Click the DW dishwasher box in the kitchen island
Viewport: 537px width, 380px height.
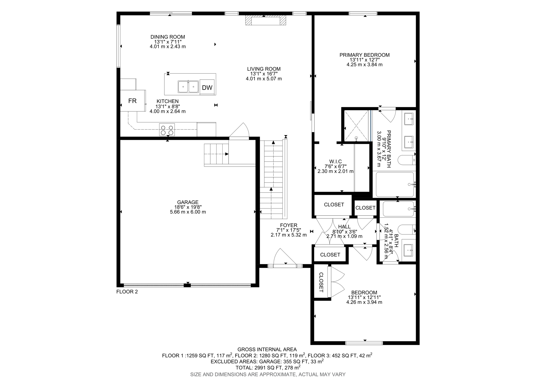click(207, 87)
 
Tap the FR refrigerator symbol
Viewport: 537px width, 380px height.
click(132, 101)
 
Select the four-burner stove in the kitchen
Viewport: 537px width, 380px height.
click(167, 129)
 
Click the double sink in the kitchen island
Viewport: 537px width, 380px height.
click(188, 87)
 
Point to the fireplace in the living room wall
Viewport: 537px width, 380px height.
click(265, 20)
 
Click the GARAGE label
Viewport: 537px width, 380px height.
click(188, 202)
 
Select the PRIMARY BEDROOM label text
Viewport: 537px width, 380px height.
click(364, 55)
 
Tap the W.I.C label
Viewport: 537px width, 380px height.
click(335, 162)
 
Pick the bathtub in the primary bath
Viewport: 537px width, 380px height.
click(395, 184)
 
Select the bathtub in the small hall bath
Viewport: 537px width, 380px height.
click(399, 209)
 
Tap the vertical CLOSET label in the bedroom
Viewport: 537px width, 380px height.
click(321, 282)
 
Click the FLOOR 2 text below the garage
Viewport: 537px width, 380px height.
click(127, 291)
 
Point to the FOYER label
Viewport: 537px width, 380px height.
click(288, 225)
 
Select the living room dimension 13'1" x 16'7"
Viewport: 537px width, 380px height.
click(264, 74)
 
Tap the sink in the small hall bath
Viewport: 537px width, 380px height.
click(408, 250)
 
